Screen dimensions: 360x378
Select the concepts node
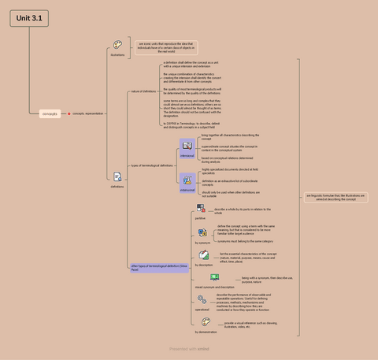point(50,113)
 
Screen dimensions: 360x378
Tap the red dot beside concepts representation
point(69,113)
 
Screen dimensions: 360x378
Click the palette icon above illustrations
point(117,46)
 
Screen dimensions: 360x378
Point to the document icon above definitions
point(117,176)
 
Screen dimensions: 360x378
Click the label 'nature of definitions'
point(143,91)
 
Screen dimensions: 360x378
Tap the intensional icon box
point(187,146)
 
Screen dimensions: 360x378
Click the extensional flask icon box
point(187,181)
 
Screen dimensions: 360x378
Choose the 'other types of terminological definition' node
point(148,268)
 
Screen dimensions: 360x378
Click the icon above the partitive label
point(201,209)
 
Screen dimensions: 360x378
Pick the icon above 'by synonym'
point(202,233)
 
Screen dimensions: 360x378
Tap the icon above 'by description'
point(203,254)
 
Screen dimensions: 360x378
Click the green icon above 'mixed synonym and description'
point(214,277)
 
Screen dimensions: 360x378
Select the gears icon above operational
point(202,299)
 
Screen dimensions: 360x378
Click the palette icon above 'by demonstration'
point(203,323)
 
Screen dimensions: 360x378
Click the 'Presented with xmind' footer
point(189,347)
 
